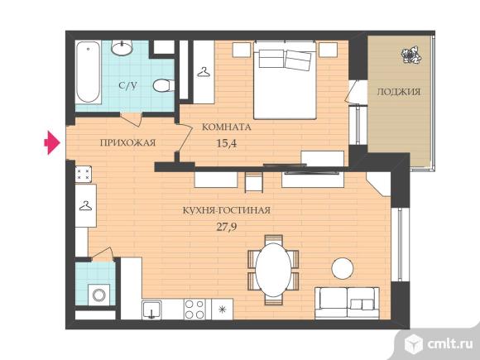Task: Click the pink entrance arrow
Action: click(52, 142)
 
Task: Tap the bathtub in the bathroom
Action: click(89, 72)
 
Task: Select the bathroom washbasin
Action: click(122, 47)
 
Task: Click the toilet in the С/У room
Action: click(164, 86)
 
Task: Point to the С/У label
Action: click(128, 86)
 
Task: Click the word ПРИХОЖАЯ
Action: click(128, 142)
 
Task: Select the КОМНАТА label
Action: click(227, 127)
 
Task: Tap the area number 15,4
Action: click(227, 143)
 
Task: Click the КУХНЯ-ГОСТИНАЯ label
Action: click(227, 210)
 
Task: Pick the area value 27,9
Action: click(227, 227)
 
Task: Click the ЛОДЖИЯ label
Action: click(399, 92)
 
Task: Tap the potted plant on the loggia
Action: click(411, 55)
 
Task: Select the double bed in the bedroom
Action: click(285, 80)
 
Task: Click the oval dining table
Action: click(273, 270)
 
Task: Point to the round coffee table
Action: click(343, 268)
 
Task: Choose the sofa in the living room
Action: click(347, 303)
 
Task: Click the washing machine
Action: click(98, 295)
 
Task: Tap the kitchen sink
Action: click(151, 310)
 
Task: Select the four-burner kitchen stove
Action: click(194, 310)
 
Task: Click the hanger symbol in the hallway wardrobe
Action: click(85, 206)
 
